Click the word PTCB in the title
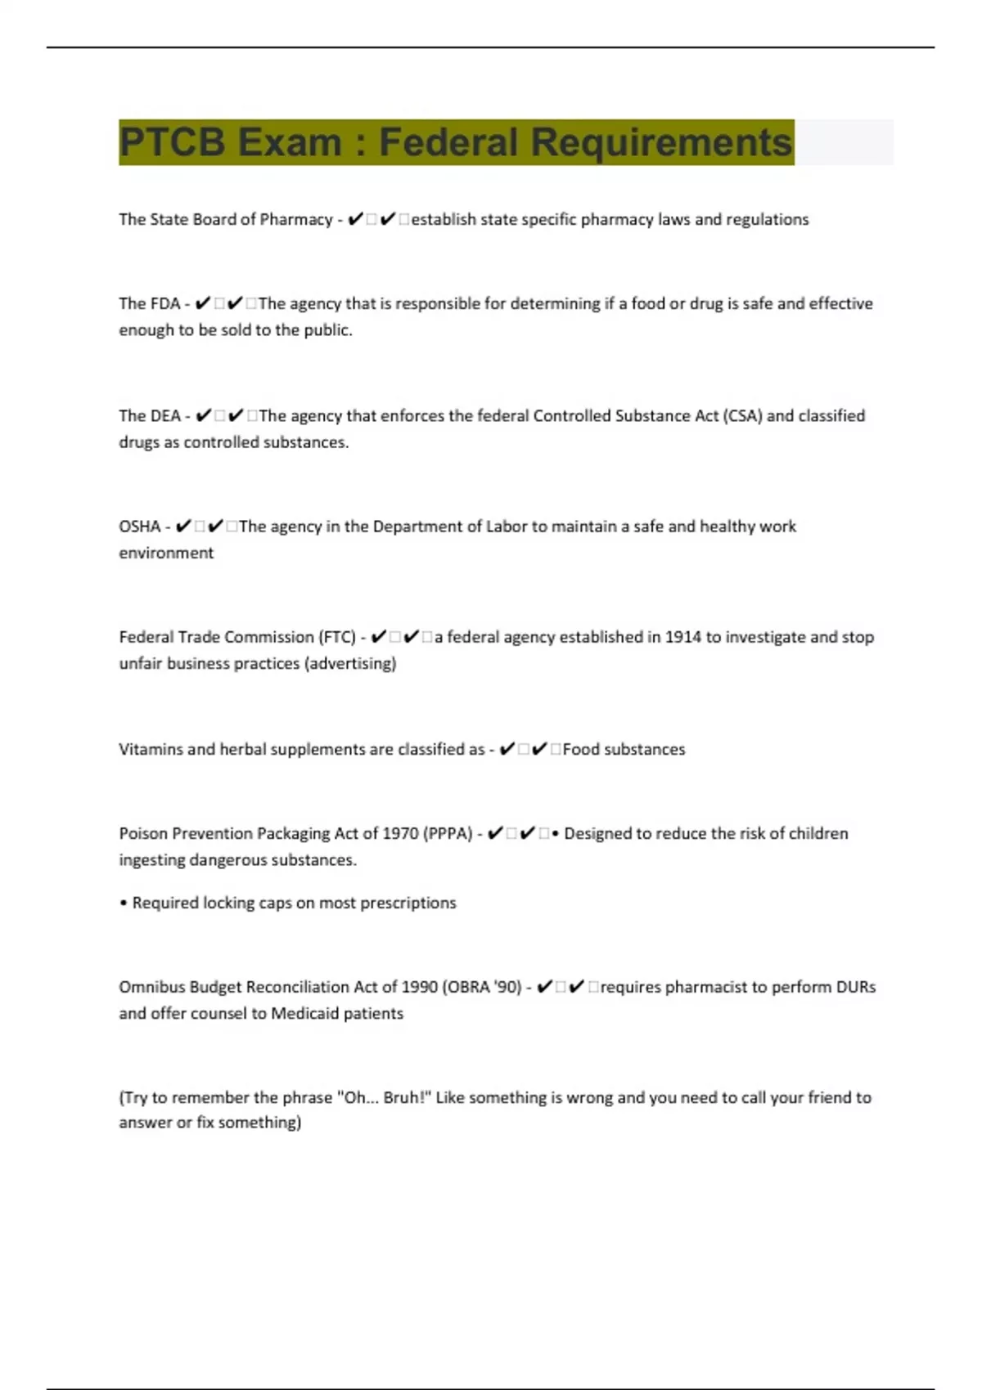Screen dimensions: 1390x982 [x=172, y=142]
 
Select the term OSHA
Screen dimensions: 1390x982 [x=140, y=527]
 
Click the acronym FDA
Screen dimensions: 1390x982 [x=165, y=304]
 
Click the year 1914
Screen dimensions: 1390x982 [x=682, y=637]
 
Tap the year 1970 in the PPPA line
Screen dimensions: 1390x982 [x=400, y=834]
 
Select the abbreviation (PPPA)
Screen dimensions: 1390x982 [x=448, y=834]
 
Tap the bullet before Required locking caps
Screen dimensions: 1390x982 [x=124, y=903]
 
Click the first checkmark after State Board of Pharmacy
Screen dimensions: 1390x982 [x=355, y=219]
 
